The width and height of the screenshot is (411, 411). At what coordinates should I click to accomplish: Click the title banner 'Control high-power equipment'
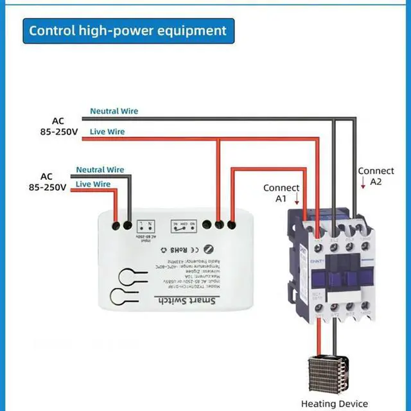128,30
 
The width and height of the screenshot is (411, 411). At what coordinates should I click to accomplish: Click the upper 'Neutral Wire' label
114,111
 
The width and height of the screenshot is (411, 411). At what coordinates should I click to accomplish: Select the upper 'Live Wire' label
107,132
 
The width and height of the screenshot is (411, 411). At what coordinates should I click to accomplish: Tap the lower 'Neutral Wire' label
100,170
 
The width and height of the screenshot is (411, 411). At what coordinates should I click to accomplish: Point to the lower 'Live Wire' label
93,184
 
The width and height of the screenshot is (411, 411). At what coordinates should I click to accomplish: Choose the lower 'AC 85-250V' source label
47,182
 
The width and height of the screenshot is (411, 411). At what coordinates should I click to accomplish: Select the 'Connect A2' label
376,176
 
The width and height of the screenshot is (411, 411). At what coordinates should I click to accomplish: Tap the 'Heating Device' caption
335,403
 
